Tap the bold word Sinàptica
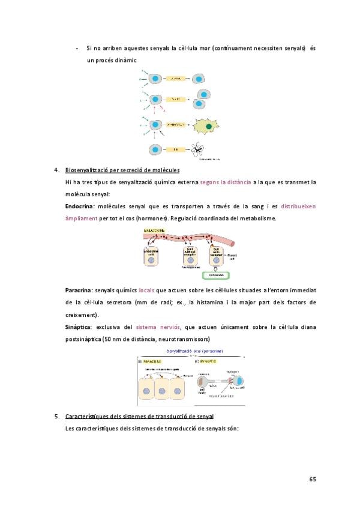77,327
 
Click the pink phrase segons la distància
226,181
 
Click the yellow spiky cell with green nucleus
206,126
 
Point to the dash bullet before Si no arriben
77,48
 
